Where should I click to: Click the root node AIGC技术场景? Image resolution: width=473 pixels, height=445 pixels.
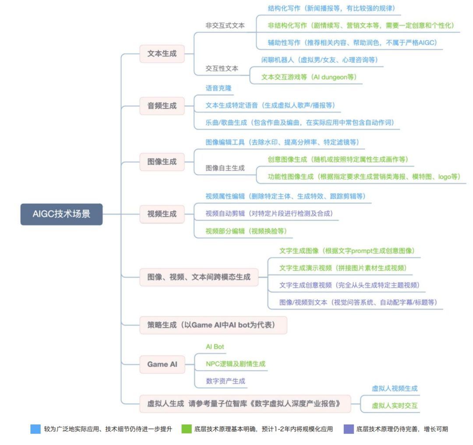point(62,214)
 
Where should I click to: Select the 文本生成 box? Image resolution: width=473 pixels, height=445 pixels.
point(162,54)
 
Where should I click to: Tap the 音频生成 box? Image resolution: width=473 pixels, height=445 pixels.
point(162,106)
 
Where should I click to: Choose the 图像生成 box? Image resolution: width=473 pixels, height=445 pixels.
point(162,162)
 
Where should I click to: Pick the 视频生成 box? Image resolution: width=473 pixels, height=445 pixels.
point(162,214)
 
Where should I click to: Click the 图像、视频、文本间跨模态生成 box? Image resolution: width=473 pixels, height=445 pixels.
point(199,277)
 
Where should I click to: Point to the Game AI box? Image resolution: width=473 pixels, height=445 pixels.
point(162,364)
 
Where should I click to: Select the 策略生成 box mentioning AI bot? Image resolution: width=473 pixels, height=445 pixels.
point(213,325)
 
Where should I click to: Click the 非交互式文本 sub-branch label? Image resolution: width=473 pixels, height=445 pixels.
point(225,26)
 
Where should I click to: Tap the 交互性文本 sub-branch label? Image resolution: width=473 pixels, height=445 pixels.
point(222,68)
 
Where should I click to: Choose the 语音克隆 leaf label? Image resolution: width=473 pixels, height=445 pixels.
point(219,88)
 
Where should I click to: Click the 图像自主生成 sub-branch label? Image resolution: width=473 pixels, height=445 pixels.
point(225,168)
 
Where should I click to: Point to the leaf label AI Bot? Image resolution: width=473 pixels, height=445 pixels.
point(215,347)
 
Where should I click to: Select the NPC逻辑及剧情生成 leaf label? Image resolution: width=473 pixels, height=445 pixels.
point(236,364)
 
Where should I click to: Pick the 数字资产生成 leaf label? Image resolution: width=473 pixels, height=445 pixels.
point(226,381)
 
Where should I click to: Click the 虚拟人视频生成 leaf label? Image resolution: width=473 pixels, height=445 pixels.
point(395,388)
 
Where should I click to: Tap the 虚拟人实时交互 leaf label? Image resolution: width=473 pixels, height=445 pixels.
point(395,406)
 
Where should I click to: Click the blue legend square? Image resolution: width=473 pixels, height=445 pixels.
point(35,429)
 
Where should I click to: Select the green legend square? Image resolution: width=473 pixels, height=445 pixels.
point(187,429)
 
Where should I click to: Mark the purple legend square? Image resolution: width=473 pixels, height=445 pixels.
point(349,429)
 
